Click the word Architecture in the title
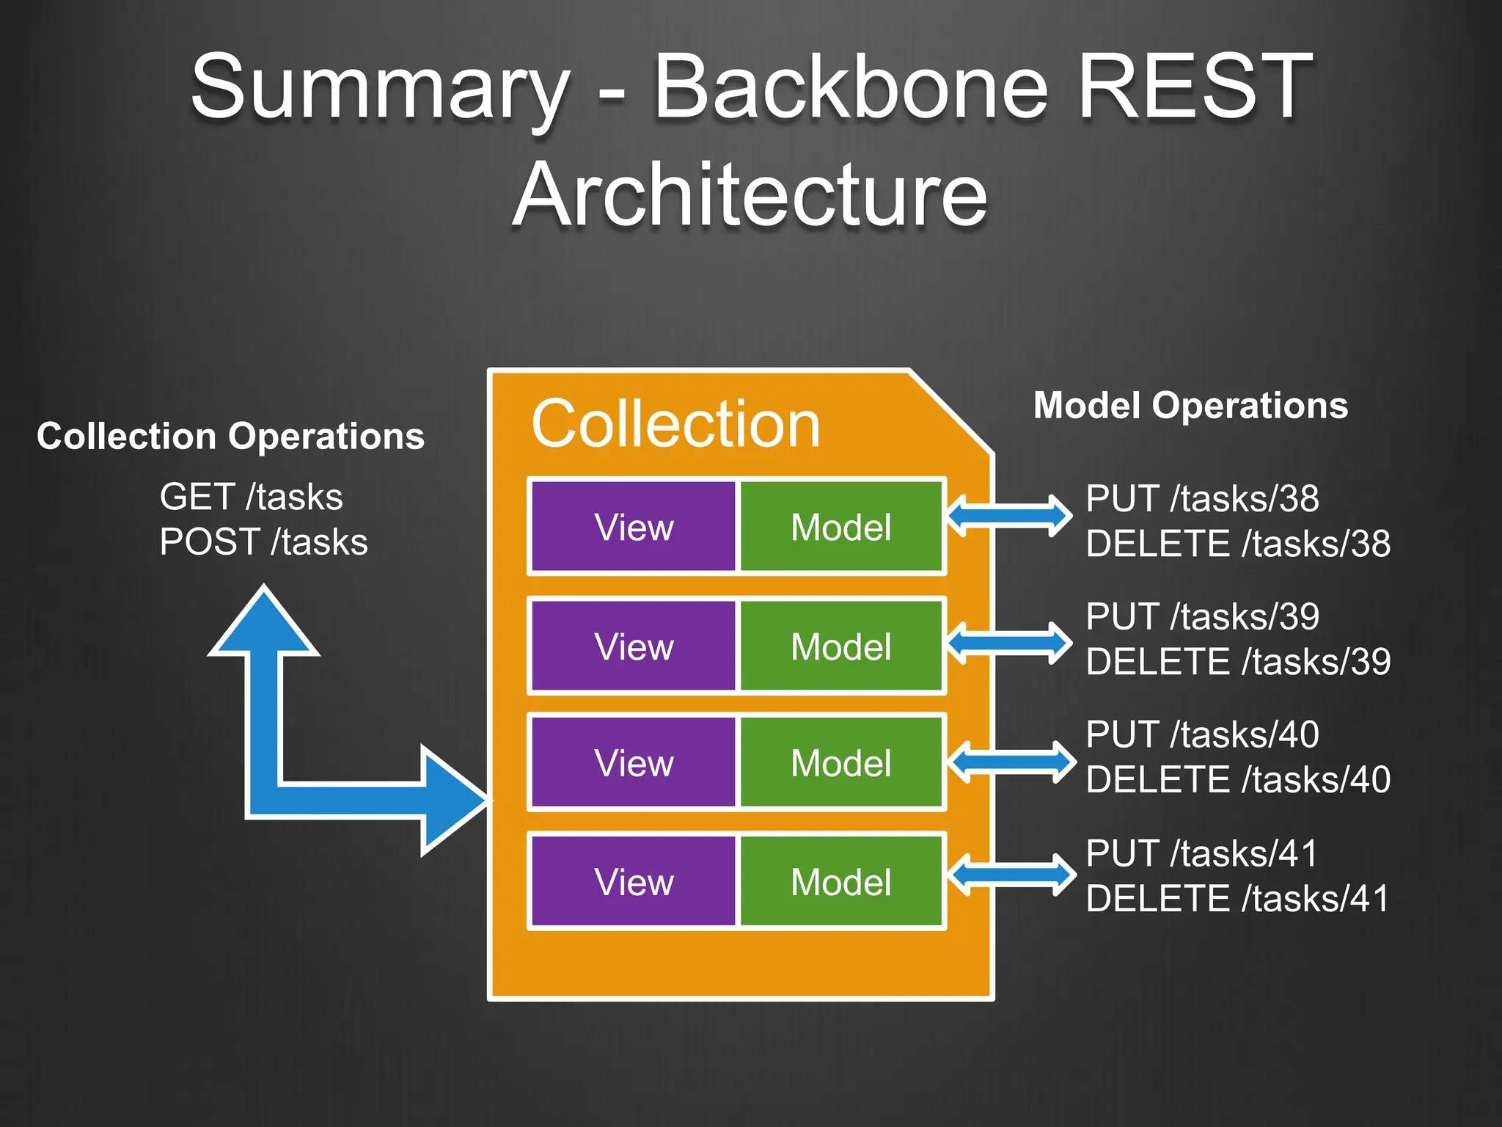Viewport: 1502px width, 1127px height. click(750, 195)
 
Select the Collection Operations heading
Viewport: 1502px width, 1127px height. click(230, 437)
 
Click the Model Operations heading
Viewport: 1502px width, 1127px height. click(1190, 406)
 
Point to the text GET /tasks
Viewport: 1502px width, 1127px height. click(251, 497)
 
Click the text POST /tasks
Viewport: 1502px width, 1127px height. click(263, 542)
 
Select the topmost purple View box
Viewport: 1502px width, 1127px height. click(633, 527)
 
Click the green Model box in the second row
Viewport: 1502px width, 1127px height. click(840, 646)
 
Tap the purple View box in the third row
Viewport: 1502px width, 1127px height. click(633, 763)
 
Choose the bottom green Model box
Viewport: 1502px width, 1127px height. click(840, 882)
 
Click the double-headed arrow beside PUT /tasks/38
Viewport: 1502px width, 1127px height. click(1009, 516)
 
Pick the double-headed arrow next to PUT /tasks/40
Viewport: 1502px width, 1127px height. click(1011, 762)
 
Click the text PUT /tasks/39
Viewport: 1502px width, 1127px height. click(1202, 616)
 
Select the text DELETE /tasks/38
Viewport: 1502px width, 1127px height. click(1238, 544)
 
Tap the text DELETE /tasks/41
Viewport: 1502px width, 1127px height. click(1238, 899)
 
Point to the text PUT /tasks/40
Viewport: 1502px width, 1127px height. click(1202, 734)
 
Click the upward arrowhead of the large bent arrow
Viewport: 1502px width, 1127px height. click(264, 624)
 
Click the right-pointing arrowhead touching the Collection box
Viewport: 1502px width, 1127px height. click(451, 800)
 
